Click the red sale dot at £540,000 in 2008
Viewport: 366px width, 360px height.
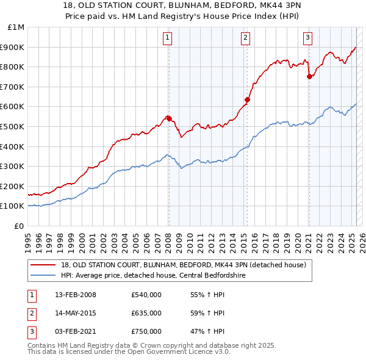169,118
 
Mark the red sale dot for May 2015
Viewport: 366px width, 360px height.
247,99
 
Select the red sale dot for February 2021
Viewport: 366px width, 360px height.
309,76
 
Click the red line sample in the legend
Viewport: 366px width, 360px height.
43,264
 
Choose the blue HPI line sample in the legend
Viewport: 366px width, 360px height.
43,276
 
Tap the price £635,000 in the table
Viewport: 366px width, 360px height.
146,313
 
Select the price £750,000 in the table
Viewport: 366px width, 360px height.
146,331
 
